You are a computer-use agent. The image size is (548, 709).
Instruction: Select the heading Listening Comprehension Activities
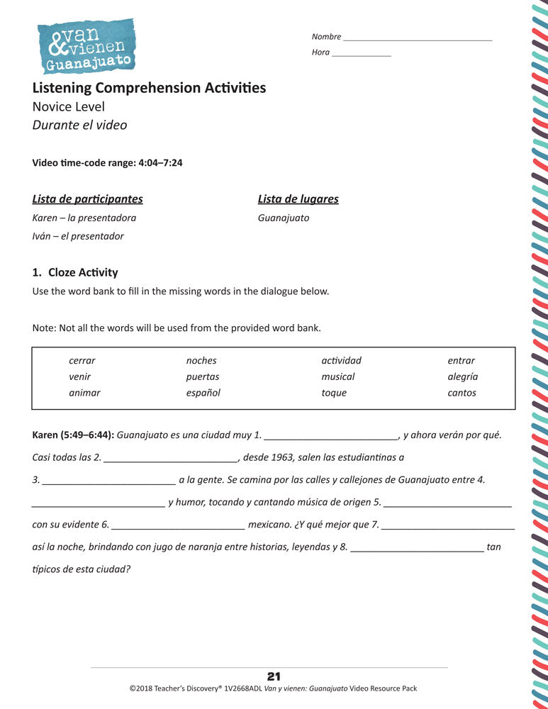click(149, 88)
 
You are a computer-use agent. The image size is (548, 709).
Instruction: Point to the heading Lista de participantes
click(88, 199)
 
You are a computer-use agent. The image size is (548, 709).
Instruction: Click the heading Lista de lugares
click(298, 199)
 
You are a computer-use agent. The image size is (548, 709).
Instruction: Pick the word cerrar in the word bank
click(82, 361)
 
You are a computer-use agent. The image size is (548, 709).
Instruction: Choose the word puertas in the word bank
click(203, 377)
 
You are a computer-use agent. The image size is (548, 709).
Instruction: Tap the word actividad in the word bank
click(341, 361)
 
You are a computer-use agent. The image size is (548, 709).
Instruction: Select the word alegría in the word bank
click(462, 377)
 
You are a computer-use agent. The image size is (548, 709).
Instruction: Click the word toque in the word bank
click(334, 393)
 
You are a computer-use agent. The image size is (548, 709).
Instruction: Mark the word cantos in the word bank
click(462, 393)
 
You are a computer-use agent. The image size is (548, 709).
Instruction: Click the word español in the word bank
click(203, 393)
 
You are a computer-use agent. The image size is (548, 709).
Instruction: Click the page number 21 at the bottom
click(274, 677)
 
